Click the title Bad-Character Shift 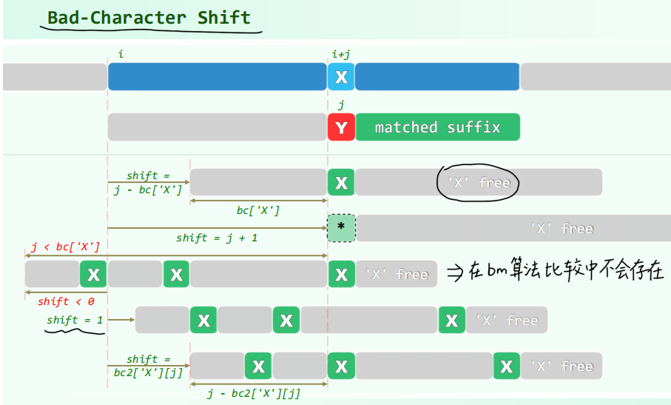pos(149,18)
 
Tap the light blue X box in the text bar pos(341,77)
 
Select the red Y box pos(341,127)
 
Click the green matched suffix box pos(437,127)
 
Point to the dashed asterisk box pos(341,227)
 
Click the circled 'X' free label pos(479,182)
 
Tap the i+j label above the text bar pos(341,54)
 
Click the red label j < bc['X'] pos(65,247)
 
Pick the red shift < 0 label pos(65,301)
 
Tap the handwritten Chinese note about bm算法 pos(566,272)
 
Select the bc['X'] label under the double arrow pos(258,210)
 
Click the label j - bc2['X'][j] pos(254,394)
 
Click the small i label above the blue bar pos(121,54)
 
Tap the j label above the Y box pos(341,105)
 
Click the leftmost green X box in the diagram pos(93,275)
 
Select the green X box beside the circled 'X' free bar pos(341,182)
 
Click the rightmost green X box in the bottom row pos(506,366)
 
